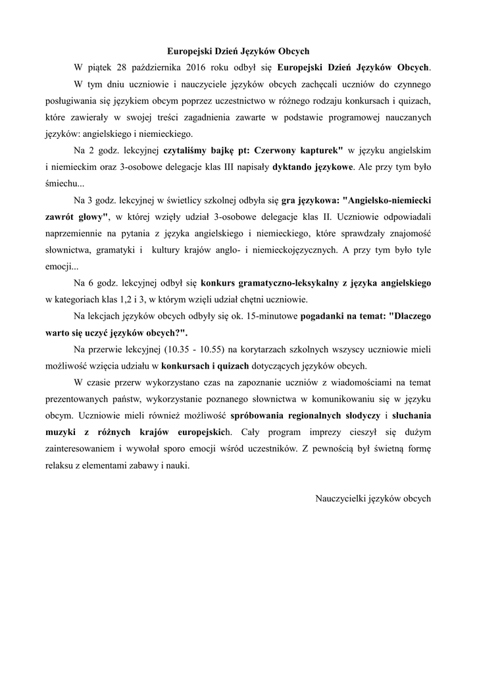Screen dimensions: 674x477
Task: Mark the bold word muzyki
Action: [61, 432]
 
